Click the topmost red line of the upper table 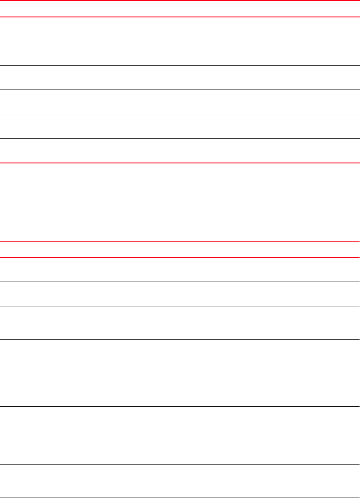point(180,0)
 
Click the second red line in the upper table point(180,17)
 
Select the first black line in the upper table point(180,41)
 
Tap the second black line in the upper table point(180,66)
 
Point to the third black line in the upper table point(180,90)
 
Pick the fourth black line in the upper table point(180,114)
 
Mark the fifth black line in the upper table point(180,139)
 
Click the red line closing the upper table point(180,163)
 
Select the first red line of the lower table point(180,241)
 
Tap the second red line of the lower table point(180,258)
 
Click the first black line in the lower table point(180,282)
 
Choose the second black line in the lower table point(180,306)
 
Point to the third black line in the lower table point(180,339)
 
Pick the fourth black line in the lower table point(180,373)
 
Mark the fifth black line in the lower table point(180,406)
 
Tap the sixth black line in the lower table point(180,440)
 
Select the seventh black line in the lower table point(180,464)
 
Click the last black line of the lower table point(180,497)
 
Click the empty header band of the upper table point(180,9)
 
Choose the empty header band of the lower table point(180,249)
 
